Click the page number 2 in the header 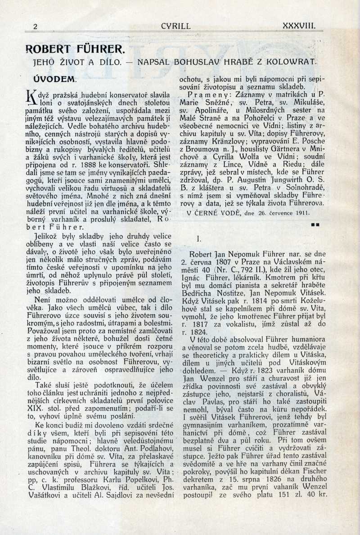tap(35, 27)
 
